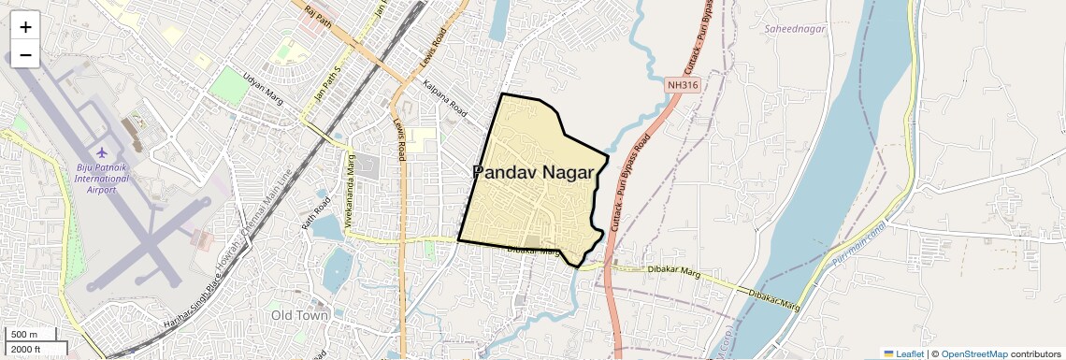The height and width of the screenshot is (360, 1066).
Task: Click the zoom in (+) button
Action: tap(25, 26)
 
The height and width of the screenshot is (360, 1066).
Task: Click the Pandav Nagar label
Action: tap(533, 172)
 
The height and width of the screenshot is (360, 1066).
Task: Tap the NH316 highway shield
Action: tap(684, 85)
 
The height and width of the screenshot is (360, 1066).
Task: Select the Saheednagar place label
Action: tap(795, 30)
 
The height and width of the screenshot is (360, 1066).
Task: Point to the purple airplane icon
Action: tap(102, 152)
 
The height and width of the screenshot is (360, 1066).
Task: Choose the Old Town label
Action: tap(300, 315)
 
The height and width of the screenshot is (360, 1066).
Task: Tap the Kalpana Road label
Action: tap(444, 96)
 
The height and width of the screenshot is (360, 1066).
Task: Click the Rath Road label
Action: tap(315, 213)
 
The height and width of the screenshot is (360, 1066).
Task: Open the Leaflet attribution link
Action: tap(904, 354)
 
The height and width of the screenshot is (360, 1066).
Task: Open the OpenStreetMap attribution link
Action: tap(973, 354)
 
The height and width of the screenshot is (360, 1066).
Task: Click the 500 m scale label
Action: tap(24, 335)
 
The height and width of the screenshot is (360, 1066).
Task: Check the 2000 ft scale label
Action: tap(25, 350)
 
